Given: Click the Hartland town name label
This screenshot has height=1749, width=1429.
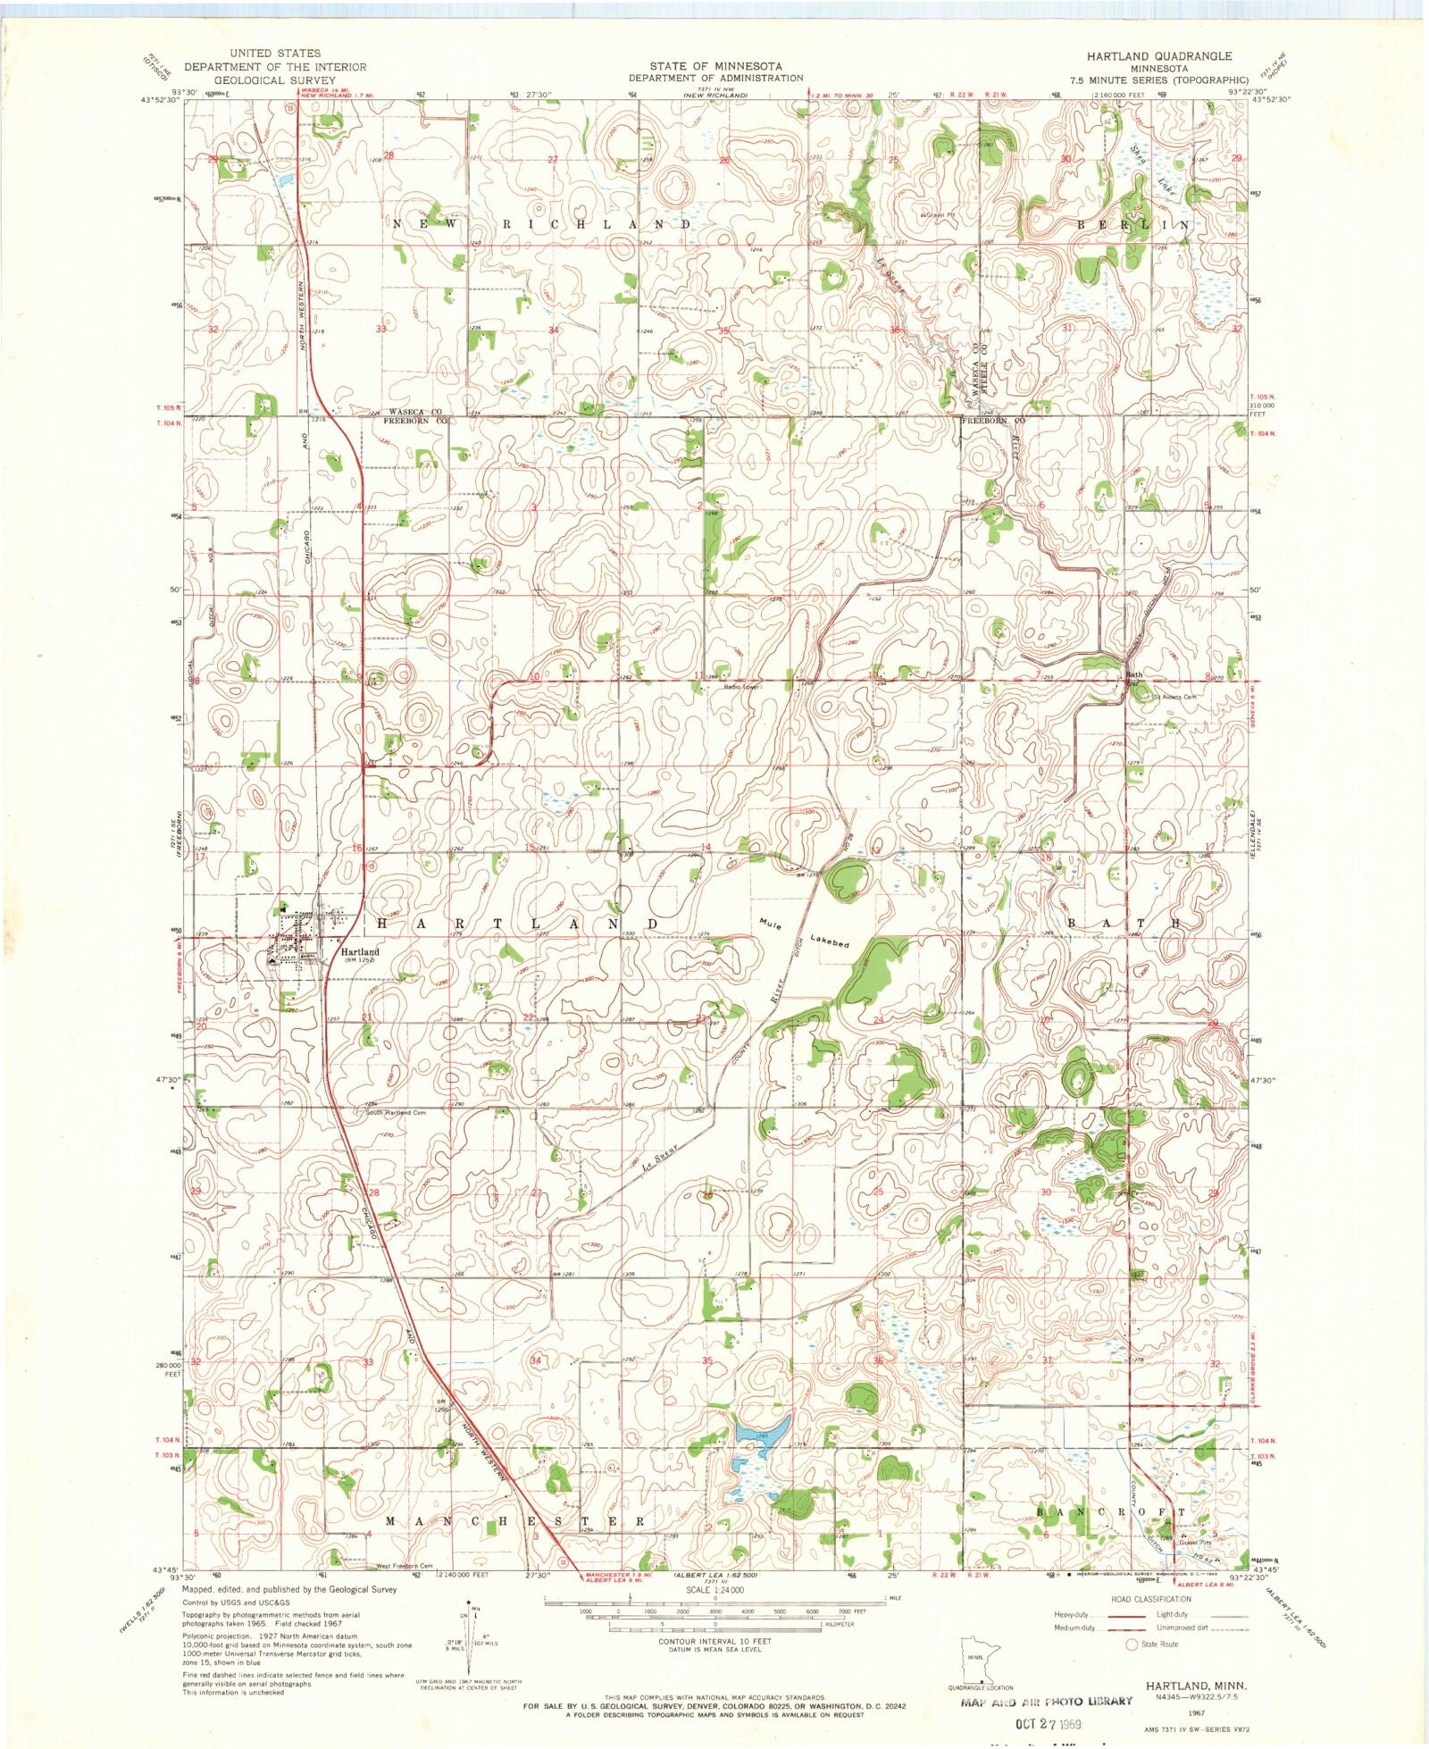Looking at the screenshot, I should [359, 952].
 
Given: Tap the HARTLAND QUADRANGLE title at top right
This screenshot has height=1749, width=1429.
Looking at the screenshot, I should [1158, 55].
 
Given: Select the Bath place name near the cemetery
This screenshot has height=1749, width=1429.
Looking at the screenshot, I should [1134, 674].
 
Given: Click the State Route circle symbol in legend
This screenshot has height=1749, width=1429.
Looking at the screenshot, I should [1132, 1644].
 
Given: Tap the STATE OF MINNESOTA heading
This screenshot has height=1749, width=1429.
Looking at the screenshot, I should [714, 66].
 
